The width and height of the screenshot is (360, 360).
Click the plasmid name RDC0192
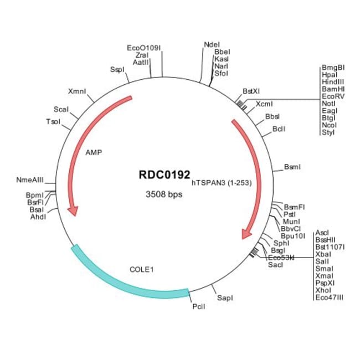click(164, 174)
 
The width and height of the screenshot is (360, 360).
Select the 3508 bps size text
click(164, 194)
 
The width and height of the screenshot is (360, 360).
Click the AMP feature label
click(94, 151)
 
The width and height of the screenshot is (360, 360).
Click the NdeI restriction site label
click(212, 44)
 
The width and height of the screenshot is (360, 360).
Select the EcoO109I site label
click(144, 48)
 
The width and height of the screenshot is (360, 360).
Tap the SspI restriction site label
click(117, 69)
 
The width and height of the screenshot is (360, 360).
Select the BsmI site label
click(292, 166)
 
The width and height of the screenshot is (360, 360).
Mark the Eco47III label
click(329, 297)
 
